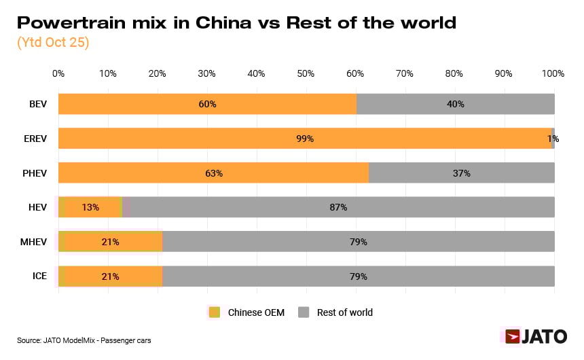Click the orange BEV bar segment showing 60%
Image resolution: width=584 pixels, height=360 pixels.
tap(207, 104)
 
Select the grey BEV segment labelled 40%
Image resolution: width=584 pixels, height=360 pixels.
tap(455, 104)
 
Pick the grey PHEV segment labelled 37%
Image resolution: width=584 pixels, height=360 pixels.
tap(461, 173)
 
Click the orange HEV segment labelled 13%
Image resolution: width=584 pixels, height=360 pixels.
tap(90, 207)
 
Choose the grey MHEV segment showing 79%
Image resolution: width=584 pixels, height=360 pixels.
tap(359, 242)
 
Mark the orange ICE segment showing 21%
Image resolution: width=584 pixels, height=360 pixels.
tap(110, 276)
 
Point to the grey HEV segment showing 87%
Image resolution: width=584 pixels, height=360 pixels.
tap(338, 207)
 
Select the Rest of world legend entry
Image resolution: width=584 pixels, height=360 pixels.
tap(336, 312)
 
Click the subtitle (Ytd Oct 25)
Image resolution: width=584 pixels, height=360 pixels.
tap(53, 41)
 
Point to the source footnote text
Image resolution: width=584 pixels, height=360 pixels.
tap(84, 340)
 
